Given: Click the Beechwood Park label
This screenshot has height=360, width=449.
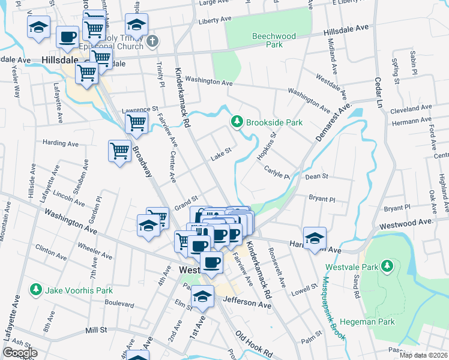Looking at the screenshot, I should [x=274, y=40].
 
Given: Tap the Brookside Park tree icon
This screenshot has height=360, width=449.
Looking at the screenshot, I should [x=237, y=122].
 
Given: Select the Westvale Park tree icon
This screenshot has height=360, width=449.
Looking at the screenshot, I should [x=388, y=265].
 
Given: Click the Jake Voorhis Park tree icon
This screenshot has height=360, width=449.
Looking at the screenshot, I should [x=37, y=290].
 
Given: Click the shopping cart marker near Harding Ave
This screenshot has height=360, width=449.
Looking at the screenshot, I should [x=119, y=150].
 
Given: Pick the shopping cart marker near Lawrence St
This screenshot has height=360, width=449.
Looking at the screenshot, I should [x=137, y=124].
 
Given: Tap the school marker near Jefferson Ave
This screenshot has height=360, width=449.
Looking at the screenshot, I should [x=203, y=297].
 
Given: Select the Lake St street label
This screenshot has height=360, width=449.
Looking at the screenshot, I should [x=220, y=155].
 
